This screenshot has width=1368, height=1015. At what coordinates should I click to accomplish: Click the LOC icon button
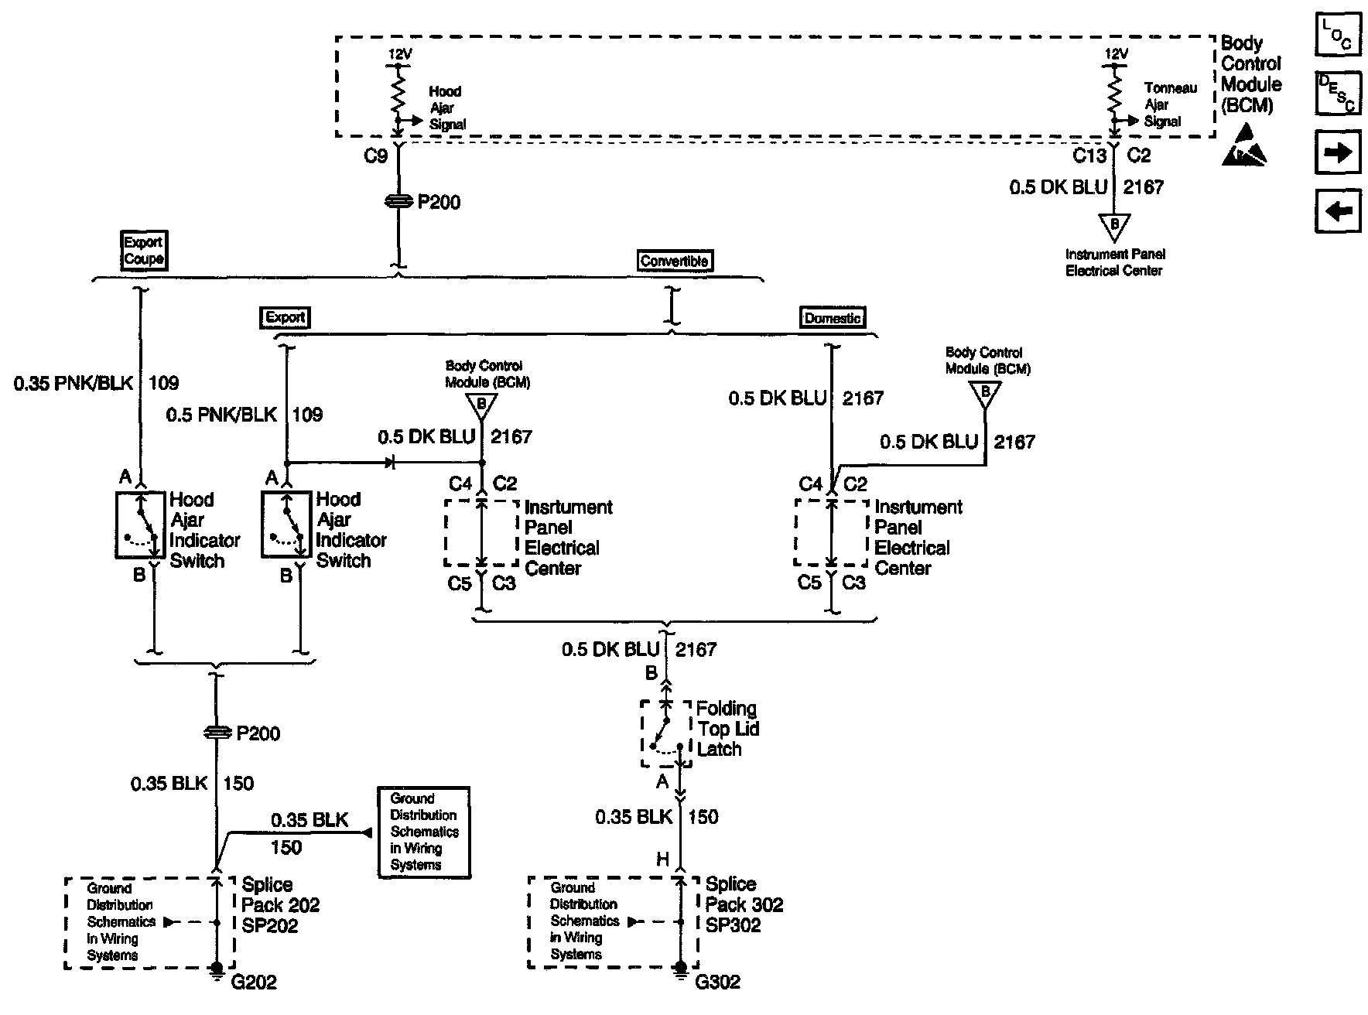click(x=1338, y=36)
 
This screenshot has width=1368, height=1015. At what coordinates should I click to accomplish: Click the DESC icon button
click(x=1338, y=93)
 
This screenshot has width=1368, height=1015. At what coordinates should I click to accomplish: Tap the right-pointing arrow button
click(x=1338, y=152)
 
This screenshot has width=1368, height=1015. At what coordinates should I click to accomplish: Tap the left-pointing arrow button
click(x=1338, y=210)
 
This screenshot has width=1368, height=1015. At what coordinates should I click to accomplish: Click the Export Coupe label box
click(x=143, y=251)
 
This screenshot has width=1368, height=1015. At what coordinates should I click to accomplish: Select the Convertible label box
click(x=674, y=261)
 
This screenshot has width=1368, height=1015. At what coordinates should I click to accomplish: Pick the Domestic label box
click(x=833, y=318)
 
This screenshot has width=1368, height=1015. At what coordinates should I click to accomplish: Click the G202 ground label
click(x=254, y=983)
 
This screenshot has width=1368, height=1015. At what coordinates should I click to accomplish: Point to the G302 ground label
click(x=717, y=983)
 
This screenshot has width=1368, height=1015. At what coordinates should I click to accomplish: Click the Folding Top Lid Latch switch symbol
click(x=665, y=733)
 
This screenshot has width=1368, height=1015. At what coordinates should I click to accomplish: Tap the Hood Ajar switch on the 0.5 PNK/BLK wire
click(x=287, y=525)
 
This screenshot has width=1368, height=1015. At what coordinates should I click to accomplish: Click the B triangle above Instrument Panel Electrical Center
click(x=1114, y=226)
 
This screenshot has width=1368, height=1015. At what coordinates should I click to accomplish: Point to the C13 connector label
click(x=1089, y=156)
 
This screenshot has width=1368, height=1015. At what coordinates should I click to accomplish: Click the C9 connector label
click(x=375, y=156)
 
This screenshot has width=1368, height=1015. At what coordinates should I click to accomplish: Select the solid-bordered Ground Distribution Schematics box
click(x=424, y=832)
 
